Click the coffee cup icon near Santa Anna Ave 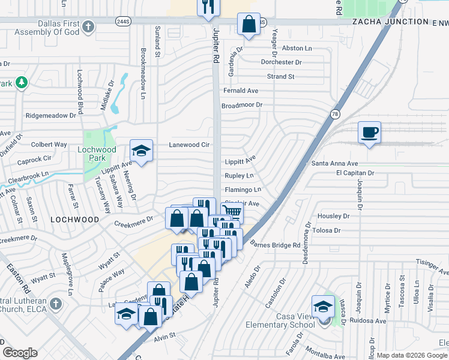(369, 132)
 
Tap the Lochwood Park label (96, 154)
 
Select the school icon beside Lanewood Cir (140, 151)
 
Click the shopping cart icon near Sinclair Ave (232, 211)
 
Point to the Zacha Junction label (384, 22)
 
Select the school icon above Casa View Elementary (323, 305)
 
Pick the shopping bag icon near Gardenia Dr (249, 25)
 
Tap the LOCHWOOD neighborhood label (75, 220)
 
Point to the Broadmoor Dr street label (242, 105)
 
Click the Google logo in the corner (20, 353)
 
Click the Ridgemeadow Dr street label (51, 115)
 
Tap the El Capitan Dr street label (355, 173)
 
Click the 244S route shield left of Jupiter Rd (123, 21)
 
